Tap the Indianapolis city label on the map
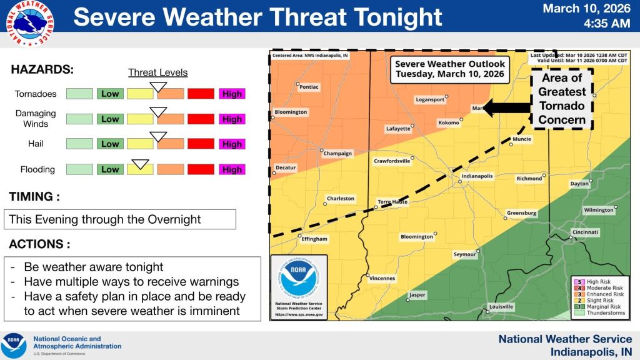pos(477,176)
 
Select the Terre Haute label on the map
pos(392,202)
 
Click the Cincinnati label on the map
pos(585,232)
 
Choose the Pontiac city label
pos(309,87)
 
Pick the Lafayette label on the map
pos(398,129)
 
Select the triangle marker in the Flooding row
pos(141,164)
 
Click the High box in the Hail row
pos(232,144)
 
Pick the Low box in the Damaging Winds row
pos(110,119)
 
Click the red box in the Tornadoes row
pos(201,94)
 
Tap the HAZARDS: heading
pos(42,69)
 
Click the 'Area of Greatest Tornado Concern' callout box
pos(562,99)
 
